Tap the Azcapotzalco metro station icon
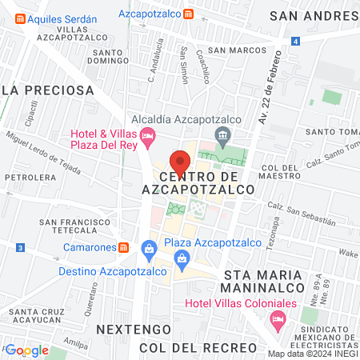coord(187,14)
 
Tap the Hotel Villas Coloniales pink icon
coord(278,322)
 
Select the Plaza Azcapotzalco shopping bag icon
coord(183,258)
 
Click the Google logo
coord(26,350)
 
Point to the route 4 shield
coord(296,41)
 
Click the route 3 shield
coord(18,249)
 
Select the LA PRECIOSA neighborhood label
coord(42,90)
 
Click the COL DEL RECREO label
coord(198,348)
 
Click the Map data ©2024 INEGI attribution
coord(312,354)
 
